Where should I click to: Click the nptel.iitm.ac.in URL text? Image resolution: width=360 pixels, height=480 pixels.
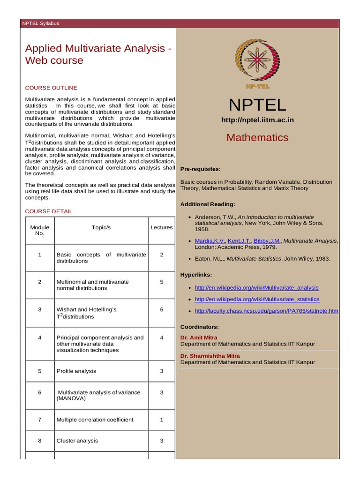(257, 120)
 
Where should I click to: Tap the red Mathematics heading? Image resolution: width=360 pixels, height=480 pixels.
(257, 137)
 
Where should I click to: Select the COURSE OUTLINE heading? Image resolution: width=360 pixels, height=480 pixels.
(51, 88)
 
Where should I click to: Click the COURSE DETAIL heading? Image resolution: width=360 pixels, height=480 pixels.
(49, 211)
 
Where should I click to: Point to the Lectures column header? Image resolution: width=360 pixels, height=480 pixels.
(161, 227)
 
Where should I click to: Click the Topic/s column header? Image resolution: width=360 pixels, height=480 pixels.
(101, 227)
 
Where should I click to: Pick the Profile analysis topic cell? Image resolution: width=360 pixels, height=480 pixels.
(76, 371)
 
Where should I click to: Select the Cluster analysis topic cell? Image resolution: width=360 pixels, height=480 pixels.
(77, 441)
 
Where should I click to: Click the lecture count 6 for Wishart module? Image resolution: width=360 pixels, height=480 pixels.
(161, 310)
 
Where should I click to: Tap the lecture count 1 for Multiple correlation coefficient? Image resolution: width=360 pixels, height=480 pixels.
(161, 420)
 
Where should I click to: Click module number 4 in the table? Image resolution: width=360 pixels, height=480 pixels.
(40, 337)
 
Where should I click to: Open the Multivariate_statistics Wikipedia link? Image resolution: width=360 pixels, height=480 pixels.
(256, 299)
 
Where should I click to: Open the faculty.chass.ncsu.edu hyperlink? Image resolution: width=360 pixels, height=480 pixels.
(266, 311)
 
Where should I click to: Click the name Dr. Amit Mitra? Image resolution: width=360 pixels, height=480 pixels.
(199, 337)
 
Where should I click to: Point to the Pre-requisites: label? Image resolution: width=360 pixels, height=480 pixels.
(200, 169)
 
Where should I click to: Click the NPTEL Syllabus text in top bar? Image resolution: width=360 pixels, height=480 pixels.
(41, 23)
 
